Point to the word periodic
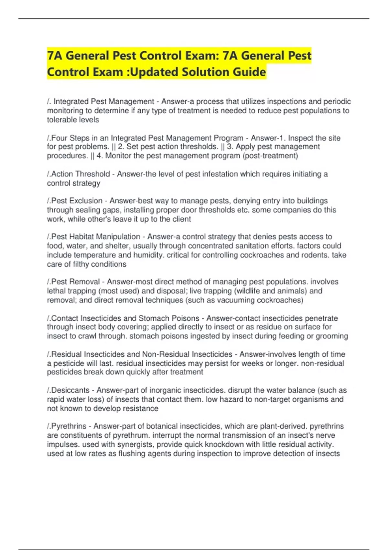[x=335, y=102]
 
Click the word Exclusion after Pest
[x=87, y=201]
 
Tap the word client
[x=182, y=219]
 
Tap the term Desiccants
[x=70, y=390]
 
